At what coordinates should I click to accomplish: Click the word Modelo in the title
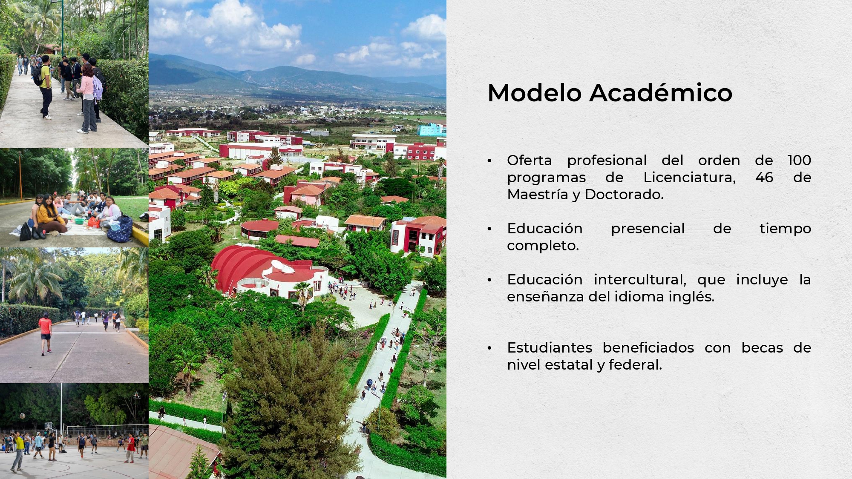[534, 93]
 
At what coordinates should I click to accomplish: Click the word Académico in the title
[661, 93]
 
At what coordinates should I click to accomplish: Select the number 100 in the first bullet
[799, 161]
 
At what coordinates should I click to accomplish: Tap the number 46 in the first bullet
[764, 178]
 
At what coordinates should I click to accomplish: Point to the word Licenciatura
[690, 178]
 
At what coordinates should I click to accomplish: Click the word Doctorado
[624, 195]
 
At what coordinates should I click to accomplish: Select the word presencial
[648, 229]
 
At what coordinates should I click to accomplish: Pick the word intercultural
[640, 280]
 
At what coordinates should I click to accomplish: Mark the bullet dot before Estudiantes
[489, 348]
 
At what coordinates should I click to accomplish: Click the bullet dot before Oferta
[489, 161]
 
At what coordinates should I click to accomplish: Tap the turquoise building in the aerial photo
[432, 130]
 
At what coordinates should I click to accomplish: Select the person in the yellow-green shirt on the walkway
[45, 87]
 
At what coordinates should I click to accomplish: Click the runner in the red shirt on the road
[45, 334]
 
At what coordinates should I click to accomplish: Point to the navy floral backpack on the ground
[120, 229]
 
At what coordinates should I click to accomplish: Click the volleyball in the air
[22, 416]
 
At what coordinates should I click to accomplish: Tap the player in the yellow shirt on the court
[18, 451]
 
